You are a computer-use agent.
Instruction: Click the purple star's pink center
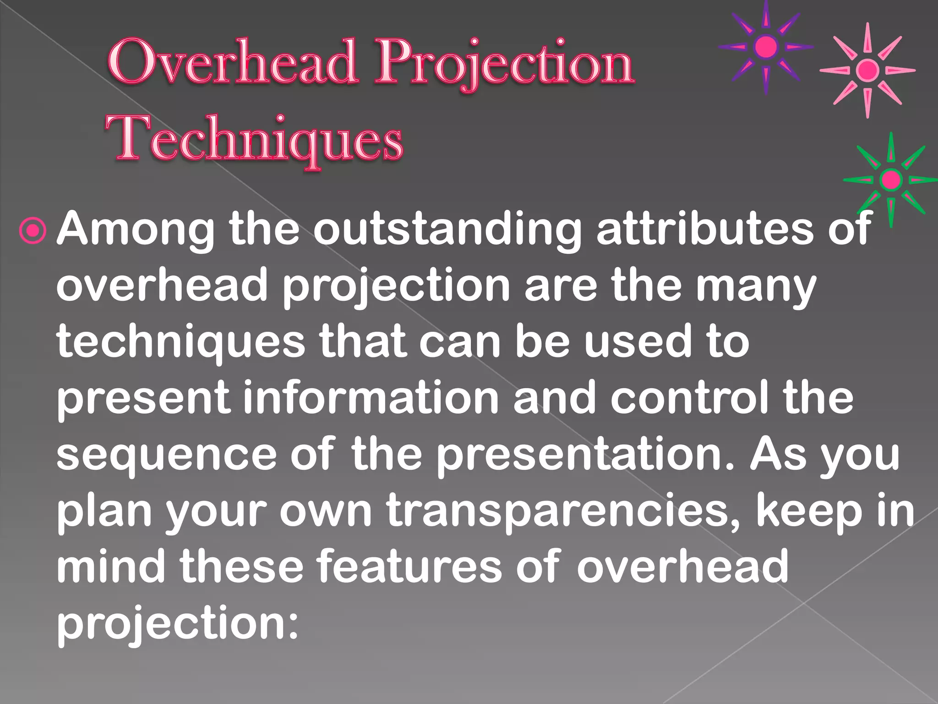(x=766, y=47)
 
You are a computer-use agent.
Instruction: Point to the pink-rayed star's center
(x=867, y=71)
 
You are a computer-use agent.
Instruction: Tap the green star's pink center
(x=891, y=179)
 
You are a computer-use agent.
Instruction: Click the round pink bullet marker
(x=33, y=231)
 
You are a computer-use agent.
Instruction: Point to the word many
(x=756, y=286)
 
